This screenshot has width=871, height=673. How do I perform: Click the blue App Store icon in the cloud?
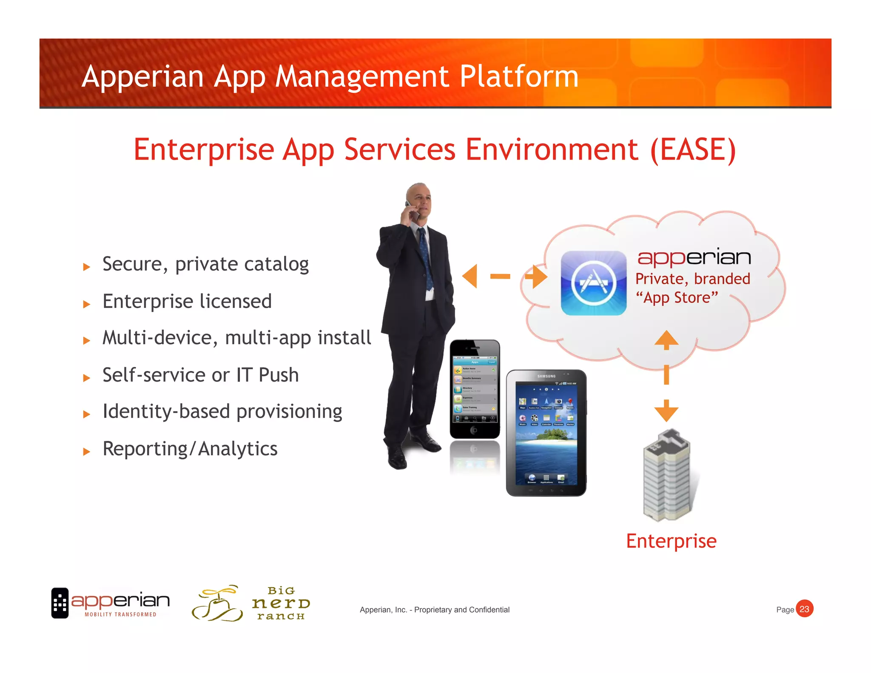click(593, 283)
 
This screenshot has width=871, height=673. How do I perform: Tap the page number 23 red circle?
click(804, 609)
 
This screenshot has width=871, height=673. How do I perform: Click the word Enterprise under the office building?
click(671, 541)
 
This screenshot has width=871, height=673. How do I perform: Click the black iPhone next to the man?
click(475, 389)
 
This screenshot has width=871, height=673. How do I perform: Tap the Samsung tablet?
click(546, 433)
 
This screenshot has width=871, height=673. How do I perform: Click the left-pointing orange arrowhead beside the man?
click(470, 276)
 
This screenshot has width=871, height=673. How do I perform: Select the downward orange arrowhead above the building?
click(666, 411)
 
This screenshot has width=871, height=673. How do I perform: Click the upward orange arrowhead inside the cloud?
click(666, 339)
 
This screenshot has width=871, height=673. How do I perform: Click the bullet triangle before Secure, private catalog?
click(87, 267)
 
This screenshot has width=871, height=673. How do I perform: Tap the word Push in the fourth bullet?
click(279, 375)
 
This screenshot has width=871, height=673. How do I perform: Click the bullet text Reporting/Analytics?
click(190, 449)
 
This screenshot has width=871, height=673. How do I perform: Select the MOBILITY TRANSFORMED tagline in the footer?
click(120, 614)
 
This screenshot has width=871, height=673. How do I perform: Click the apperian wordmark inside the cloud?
click(694, 257)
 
